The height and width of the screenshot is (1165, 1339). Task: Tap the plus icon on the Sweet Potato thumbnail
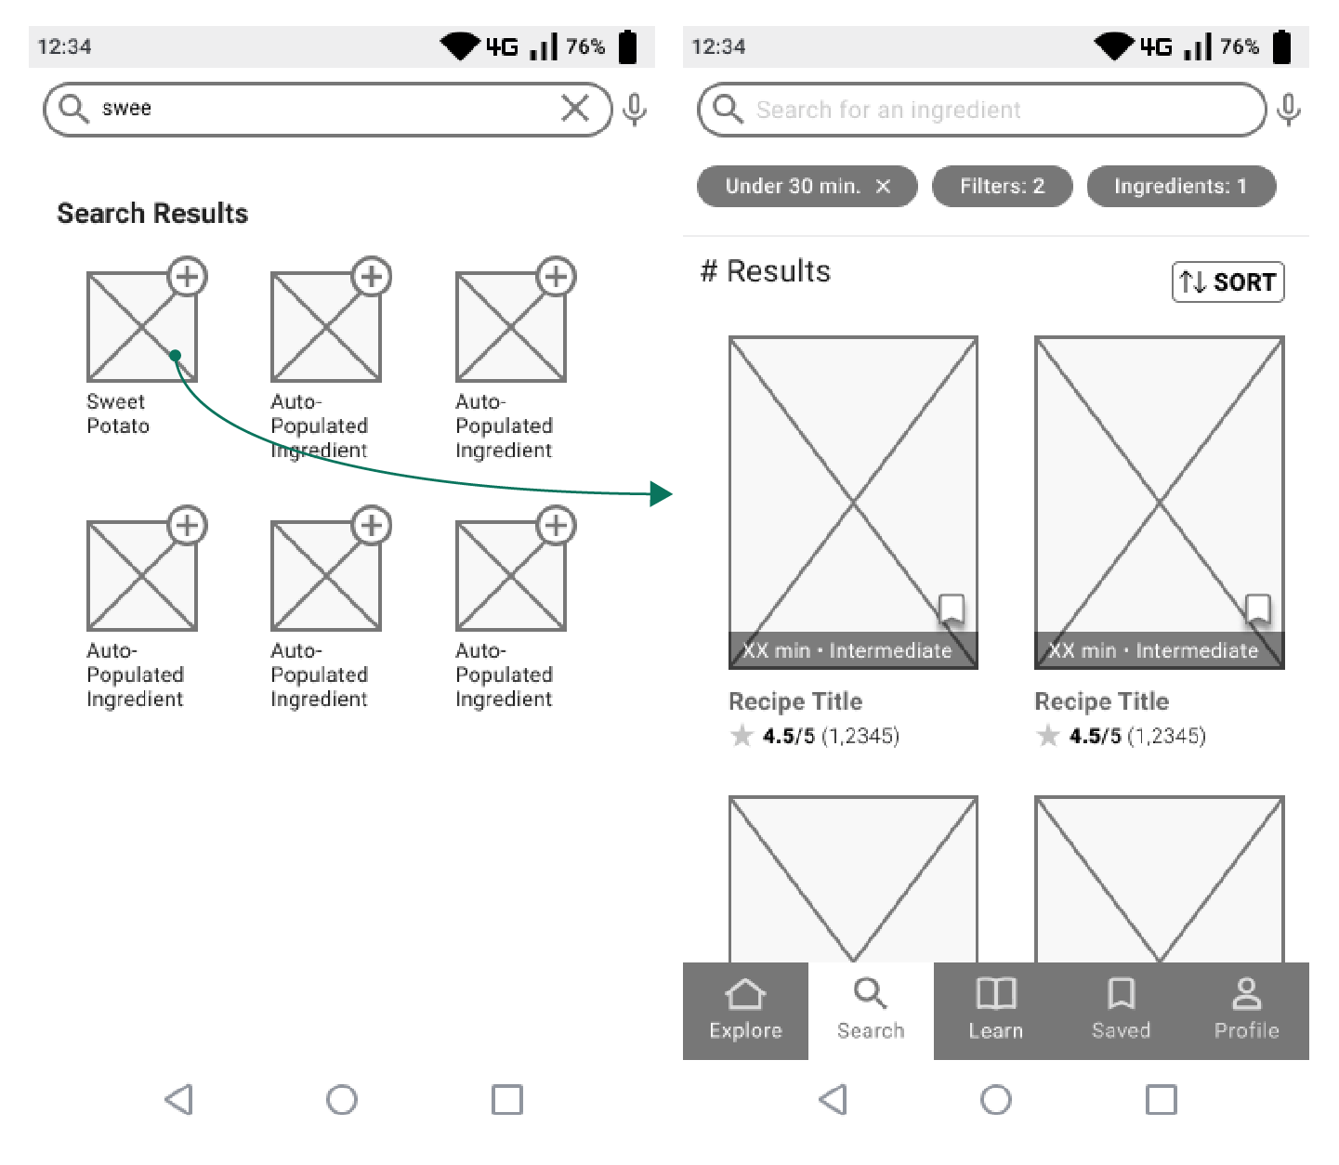coord(188,276)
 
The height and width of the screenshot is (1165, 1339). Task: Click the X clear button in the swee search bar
coord(575,109)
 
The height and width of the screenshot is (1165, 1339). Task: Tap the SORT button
coord(1227,281)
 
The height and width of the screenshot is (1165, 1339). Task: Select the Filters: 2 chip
coord(1002,186)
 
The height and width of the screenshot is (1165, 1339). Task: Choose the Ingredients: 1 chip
coord(1180,186)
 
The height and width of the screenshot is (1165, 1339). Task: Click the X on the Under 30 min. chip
coord(883,186)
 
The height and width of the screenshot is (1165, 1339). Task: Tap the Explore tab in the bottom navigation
coord(745,1010)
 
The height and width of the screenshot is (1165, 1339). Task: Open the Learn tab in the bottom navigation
coord(995,1010)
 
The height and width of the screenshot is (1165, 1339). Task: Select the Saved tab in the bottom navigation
coord(1121,1010)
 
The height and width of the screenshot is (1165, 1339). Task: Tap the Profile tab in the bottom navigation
coord(1246,1010)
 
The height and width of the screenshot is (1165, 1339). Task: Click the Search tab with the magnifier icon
coord(871,1010)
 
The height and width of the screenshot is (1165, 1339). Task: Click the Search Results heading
coord(152,214)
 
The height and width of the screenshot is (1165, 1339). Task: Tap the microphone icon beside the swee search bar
coord(635,110)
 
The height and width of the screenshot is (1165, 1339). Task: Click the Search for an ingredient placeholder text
coord(887,111)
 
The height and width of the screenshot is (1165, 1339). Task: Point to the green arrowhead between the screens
coord(661,493)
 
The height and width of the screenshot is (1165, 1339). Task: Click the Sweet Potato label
coord(117,414)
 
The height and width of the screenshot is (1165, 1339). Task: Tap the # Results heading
coord(765,271)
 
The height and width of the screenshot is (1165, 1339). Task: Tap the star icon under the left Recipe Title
coord(742,737)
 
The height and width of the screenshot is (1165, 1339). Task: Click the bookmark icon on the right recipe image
coord(1257,609)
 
